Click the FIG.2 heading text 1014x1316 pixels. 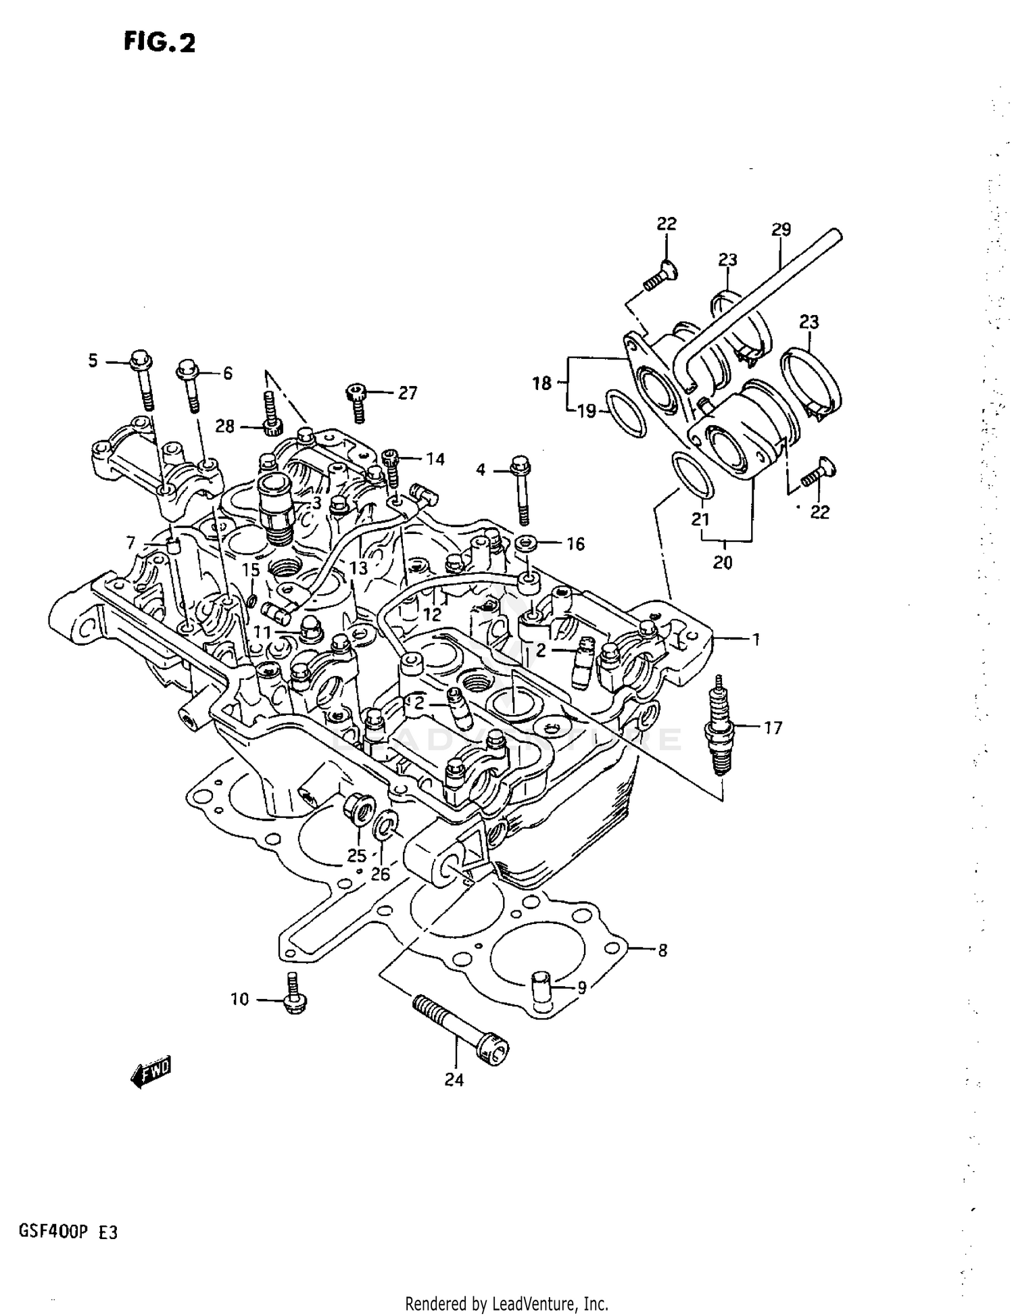160,43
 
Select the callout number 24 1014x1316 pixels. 454,1080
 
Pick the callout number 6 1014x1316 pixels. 227,373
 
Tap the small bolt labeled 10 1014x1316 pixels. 293,996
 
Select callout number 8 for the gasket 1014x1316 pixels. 662,950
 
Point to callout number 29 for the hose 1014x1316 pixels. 781,230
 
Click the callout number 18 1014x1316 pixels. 542,383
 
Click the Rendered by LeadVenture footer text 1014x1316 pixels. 507,1303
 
